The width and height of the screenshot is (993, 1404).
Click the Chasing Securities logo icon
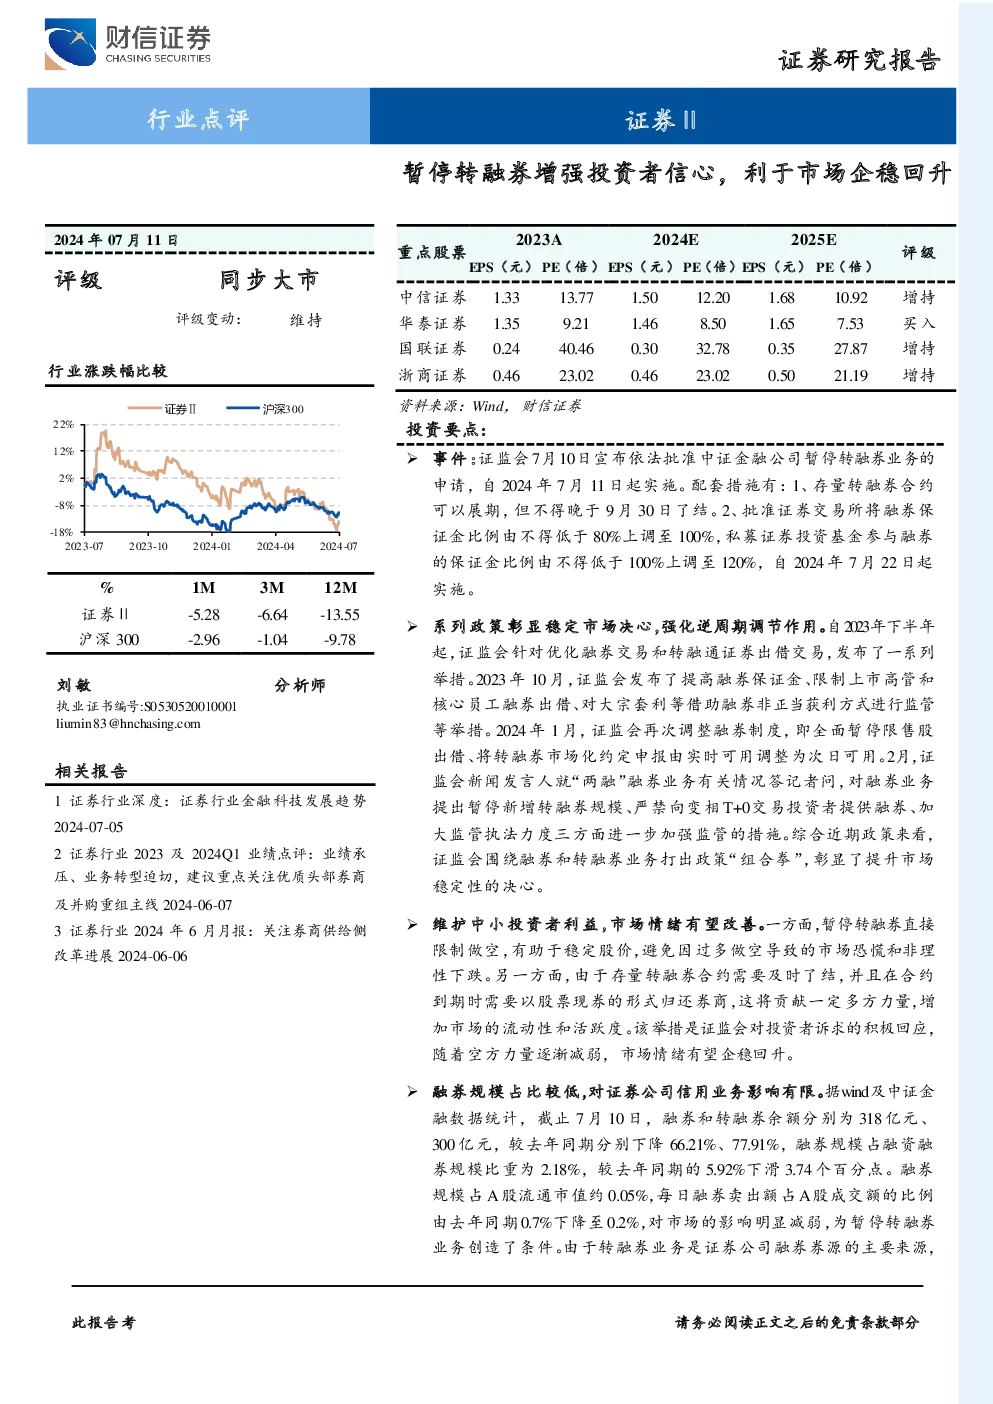70,43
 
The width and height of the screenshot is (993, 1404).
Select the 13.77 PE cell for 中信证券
576,298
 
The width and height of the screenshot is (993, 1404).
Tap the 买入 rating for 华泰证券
918,323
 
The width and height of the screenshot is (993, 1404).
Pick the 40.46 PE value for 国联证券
576,348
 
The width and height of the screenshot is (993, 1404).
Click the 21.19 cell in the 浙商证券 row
851,375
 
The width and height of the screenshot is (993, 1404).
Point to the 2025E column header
813,240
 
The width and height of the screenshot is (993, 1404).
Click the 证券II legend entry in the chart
162,409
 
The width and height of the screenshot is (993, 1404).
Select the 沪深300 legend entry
265,409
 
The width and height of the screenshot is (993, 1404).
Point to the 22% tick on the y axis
63,424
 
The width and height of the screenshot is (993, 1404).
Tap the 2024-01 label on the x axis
212,546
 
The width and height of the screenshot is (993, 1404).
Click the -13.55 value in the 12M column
340,614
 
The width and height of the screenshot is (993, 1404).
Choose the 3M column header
271,587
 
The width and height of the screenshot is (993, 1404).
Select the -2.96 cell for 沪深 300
204,640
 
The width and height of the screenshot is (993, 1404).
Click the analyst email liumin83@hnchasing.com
128,723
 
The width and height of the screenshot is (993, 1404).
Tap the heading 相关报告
91,770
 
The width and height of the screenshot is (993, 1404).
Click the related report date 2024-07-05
88,827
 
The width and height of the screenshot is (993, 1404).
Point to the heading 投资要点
446,429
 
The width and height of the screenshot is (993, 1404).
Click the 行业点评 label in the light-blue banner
198,118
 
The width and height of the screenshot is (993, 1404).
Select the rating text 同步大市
269,280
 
